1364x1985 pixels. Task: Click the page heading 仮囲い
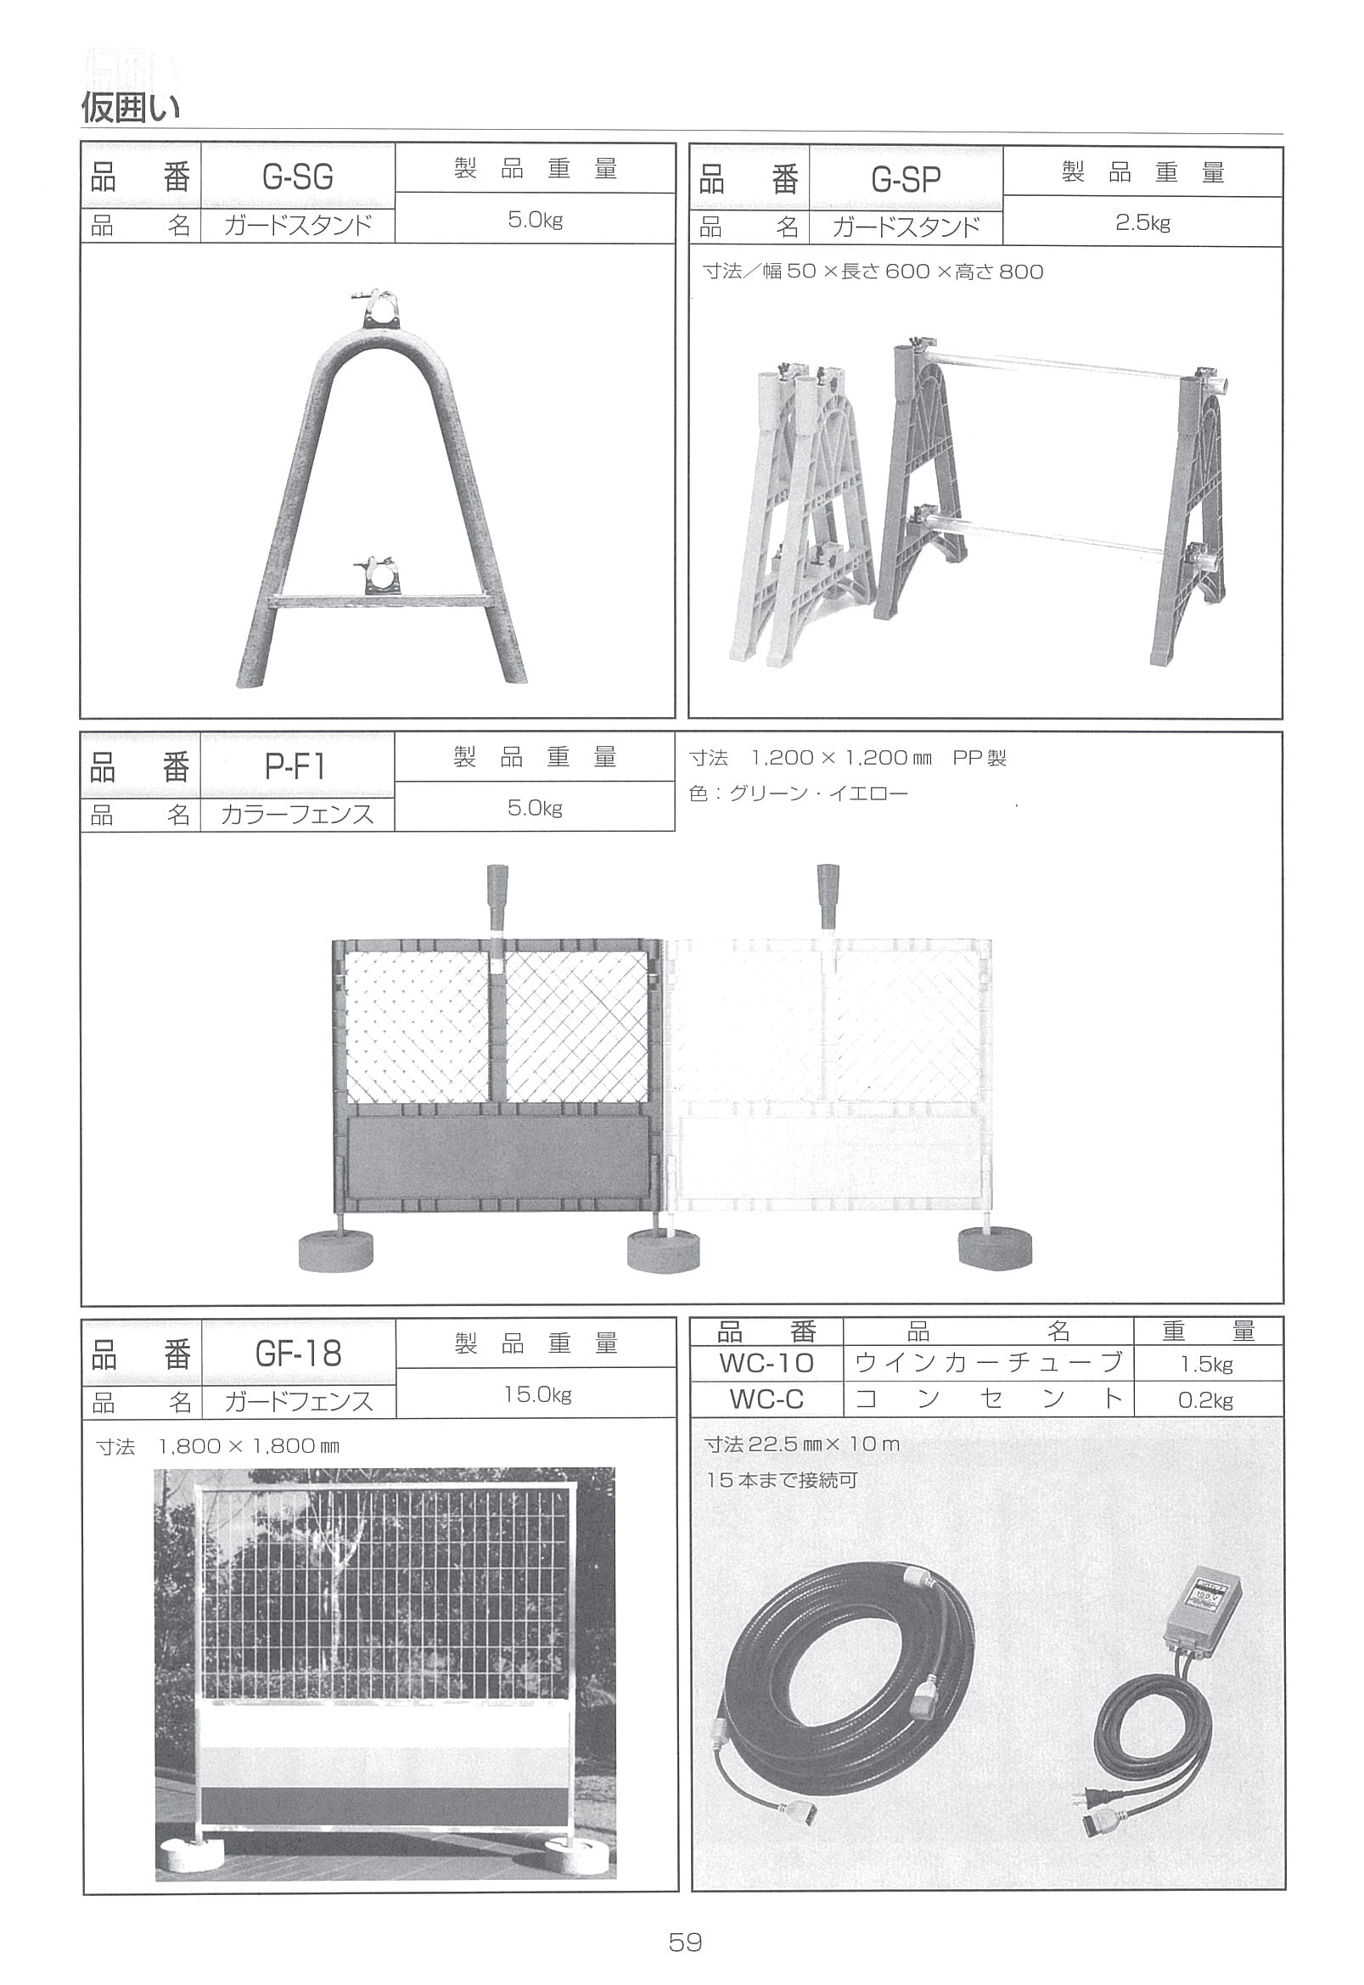(130, 109)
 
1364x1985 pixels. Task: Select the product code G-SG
(297, 177)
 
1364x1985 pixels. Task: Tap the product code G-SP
(906, 180)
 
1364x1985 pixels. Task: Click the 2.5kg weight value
(1142, 224)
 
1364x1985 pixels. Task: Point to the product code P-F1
(295, 766)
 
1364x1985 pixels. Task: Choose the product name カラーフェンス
(297, 814)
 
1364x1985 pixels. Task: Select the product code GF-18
(297, 1354)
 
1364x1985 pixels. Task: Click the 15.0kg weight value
(536, 1394)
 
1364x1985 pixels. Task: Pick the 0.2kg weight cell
(1206, 1399)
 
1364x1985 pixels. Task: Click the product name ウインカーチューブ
(988, 1363)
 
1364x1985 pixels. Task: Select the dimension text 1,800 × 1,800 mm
(248, 1447)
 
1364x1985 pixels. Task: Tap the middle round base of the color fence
(663, 1251)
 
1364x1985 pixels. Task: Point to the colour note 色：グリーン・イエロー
(798, 793)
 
